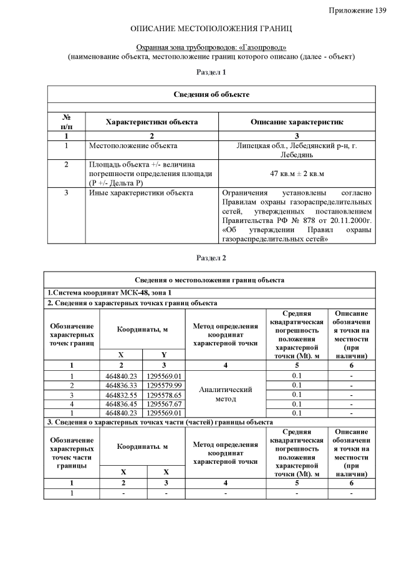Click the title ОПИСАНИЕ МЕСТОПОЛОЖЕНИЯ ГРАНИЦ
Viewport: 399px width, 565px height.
coord(211,29)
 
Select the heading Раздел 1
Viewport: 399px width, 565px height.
coord(211,72)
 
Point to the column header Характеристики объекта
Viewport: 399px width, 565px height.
coord(151,122)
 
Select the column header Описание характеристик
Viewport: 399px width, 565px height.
coord(297,122)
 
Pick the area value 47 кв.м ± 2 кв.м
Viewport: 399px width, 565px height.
coord(297,172)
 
